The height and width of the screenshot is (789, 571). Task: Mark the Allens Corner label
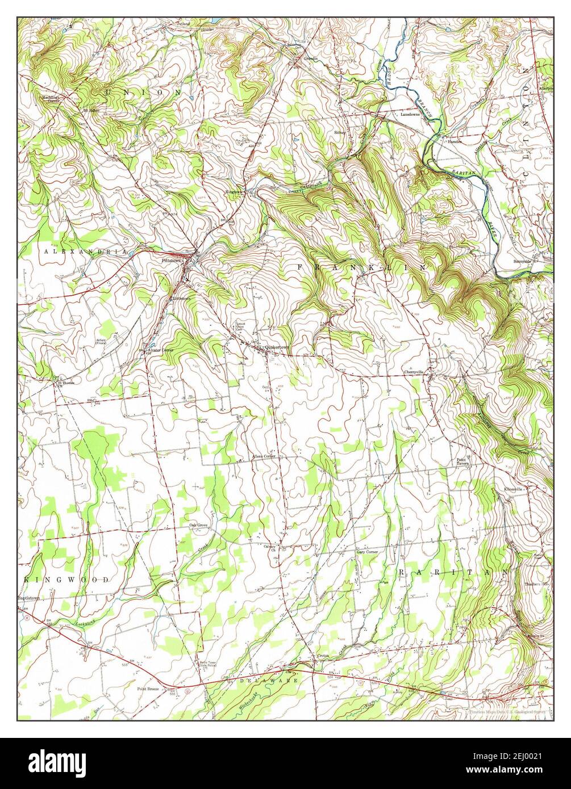264,456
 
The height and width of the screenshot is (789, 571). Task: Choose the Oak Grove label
198,525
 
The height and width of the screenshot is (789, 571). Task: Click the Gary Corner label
366,552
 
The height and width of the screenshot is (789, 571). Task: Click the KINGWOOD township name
66,580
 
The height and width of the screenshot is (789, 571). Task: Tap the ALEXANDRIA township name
84,250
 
